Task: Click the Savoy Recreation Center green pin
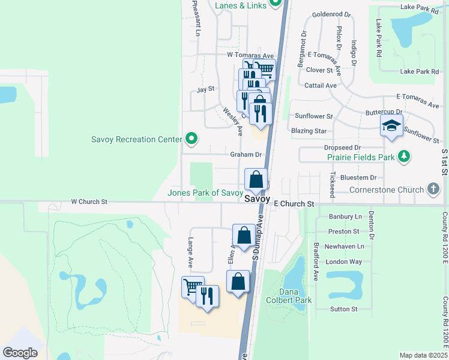tap(191, 139)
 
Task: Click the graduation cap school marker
tap(391, 126)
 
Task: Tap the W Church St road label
tap(89, 202)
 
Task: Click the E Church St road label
tap(294, 204)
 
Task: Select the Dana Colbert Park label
tap(297, 296)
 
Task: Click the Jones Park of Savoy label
tap(205, 193)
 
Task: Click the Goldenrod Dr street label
tap(331, 14)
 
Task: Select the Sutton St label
tap(344, 309)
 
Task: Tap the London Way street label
tap(344, 262)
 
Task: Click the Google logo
tap(19, 353)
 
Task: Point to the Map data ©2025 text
tap(423, 355)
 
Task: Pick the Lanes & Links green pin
tap(276, 4)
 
